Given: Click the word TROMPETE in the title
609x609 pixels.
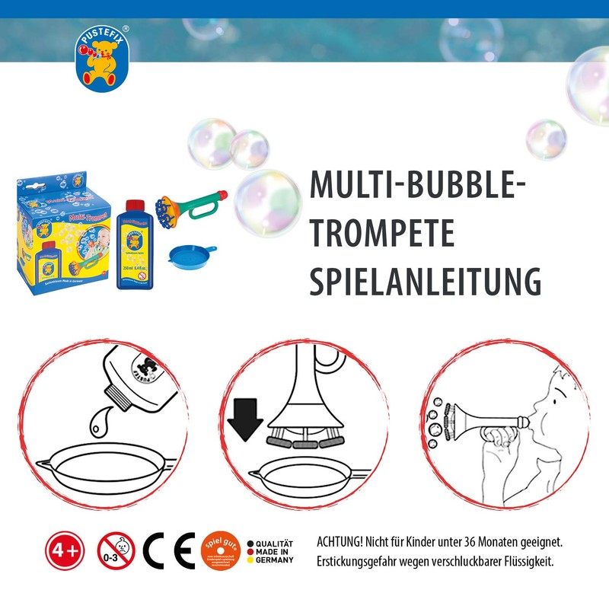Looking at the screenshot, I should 381,234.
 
